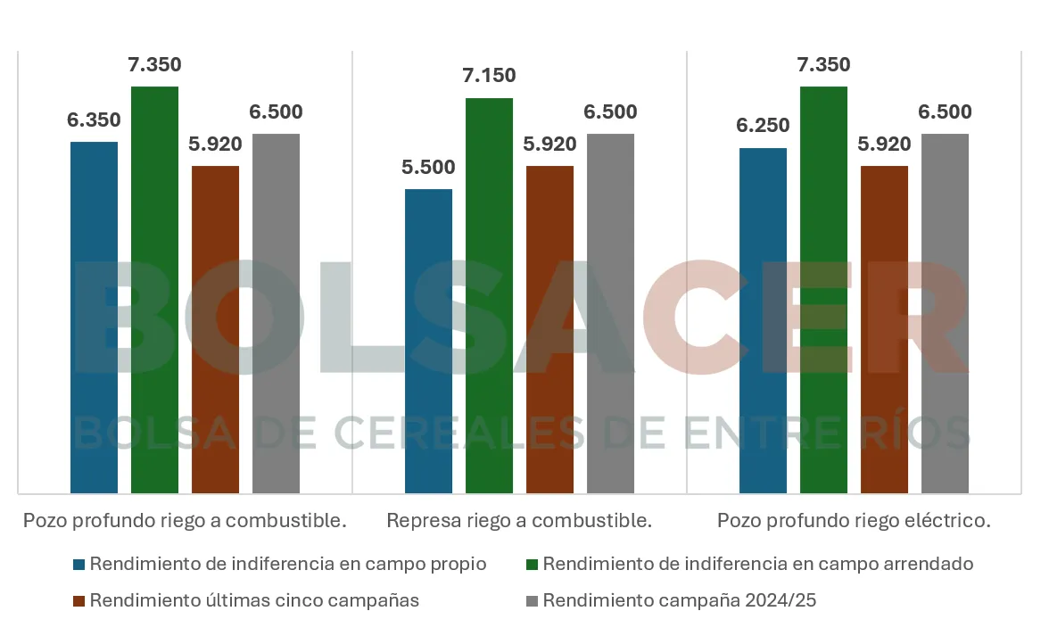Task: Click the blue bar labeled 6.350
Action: pyautogui.click(x=94, y=317)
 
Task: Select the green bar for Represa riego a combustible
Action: pyautogui.click(x=489, y=294)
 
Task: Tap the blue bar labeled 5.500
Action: pyautogui.click(x=428, y=341)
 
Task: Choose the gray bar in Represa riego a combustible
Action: pyautogui.click(x=610, y=312)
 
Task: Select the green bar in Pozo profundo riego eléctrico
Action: pyautogui.click(x=823, y=289)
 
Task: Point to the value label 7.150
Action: pyautogui.click(x=489, y=76)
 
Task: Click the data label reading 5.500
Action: pyautogui.click(x=428, y=168)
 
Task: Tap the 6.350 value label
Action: pyautogui.click(x=94, y=120)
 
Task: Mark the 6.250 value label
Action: pyautogui.click(x=763, y=126)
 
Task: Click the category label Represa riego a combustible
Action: pyautogui.click(x=519, y=521)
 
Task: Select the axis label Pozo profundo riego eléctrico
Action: pyautogui.click(x=854, y=521)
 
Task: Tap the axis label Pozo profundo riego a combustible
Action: pyautogui.click(x=185, y=521)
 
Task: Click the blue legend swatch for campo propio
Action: pyautogui.click(x=79, y=565)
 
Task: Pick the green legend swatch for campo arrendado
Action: pyautogui.click(x=532, y=565)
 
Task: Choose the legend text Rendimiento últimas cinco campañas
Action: pyautogui.click(x=254, y=601)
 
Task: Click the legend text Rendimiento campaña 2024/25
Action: pyautogui.click(x=679, y=601)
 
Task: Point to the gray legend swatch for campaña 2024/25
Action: pyautogui.click(x=532, y=601)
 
